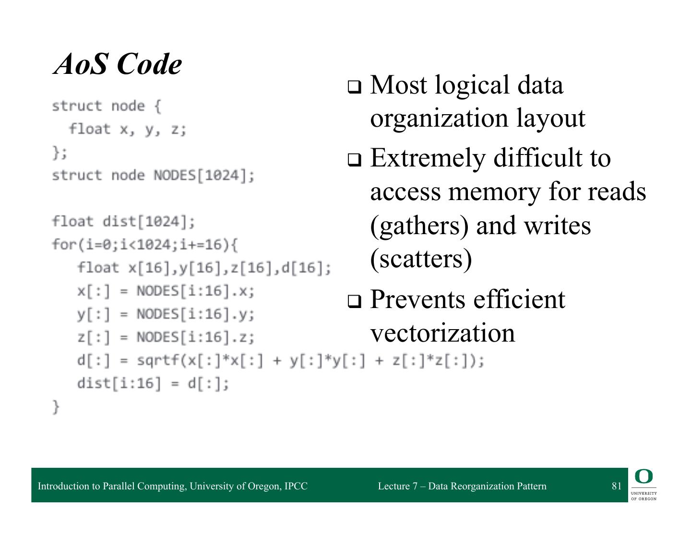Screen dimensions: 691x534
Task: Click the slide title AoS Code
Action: click(118, 64)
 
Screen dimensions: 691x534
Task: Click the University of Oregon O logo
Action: click(643, 477)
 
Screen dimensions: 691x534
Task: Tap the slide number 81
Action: click(616, 486)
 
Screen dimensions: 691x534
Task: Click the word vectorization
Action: click(442, 332)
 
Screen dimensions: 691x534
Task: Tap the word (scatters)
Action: click(421, 259)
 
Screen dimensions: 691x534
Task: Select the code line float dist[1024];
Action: click(124, 222)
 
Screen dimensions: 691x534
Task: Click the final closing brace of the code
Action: click(56, 407)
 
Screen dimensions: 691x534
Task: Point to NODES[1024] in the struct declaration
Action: click(202, 176)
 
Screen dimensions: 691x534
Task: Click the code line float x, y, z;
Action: click(127, 129)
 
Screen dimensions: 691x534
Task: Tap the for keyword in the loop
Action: click(61, 245)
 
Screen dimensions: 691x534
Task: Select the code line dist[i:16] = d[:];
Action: click(153, 384)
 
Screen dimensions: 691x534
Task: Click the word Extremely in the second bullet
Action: click(428, 158)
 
